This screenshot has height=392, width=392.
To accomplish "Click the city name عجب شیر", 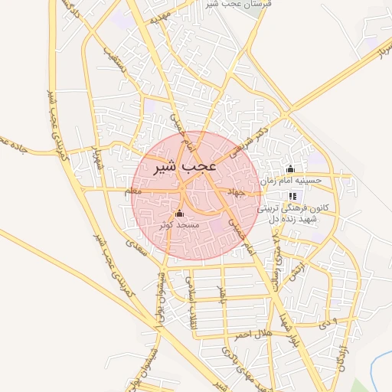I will click(177, 166).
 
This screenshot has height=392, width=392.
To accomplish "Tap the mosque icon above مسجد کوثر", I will click(180, 214).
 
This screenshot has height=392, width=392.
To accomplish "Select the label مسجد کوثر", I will click(179, 226).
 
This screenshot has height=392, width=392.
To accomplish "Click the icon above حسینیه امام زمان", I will click(289, 169).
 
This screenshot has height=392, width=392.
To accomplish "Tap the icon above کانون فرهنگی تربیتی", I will click(292, 197).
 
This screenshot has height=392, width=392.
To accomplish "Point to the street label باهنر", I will click(223, 290).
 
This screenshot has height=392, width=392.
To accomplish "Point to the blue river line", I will click(374, 367).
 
